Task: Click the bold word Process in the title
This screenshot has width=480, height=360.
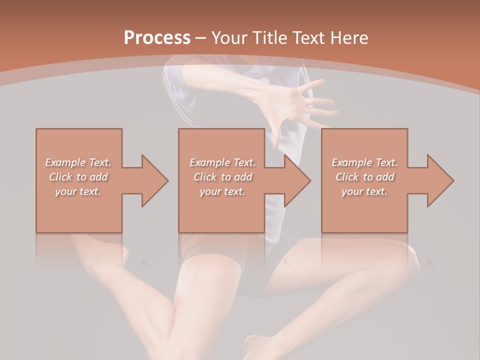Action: pyautogui.click(x=157, y=37)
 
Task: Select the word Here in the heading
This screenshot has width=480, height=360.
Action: pyautogui.click(x=348, y=37)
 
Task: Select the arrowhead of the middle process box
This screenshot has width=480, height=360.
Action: pyautogui.click(x=297, y=180)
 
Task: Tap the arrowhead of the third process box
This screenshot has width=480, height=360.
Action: pyautogui.click(x=439, y=180)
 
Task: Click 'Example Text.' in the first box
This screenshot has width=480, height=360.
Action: pyautogui.click(x=78, y=162)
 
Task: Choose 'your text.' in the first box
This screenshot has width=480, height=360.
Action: pyautogui.click(x=78, y=191)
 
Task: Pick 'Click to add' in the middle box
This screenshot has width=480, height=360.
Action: pyautogui.click(x=222, y=177)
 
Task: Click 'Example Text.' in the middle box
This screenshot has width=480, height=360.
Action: pyautogui.click(x=222, y=162)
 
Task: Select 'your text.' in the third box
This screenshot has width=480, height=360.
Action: pyautogui.click(x=364, y=191)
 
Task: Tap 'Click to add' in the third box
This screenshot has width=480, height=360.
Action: pyautogui.click(x=364, y=177)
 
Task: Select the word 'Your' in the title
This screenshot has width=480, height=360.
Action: pyautogui.click(x=228, y=37)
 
